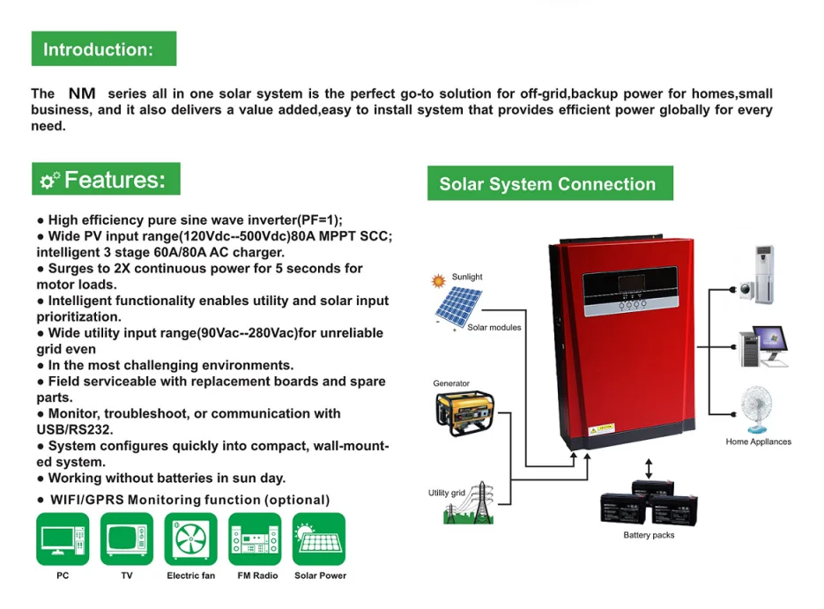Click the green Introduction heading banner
pos(103,48)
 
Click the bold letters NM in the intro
pos(82,93)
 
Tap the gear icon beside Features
pos(49,181)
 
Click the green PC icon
pos(63,538)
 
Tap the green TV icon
pos(127,538)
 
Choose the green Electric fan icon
pos(190,538)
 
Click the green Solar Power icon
pos(319,538)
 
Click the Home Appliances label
pos(758,442)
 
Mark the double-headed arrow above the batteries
pos(650,468)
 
